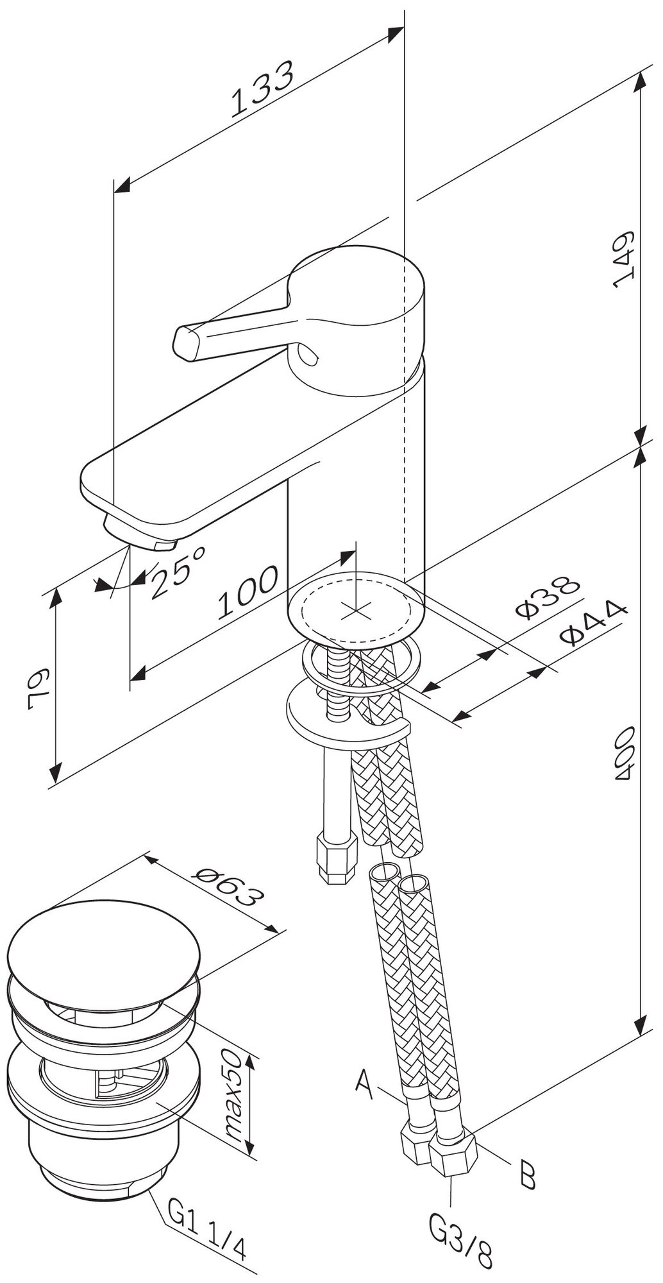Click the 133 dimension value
pyautogui.click(x=264, y=90)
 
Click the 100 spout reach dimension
pyautogui.click(x=247, y=592)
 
